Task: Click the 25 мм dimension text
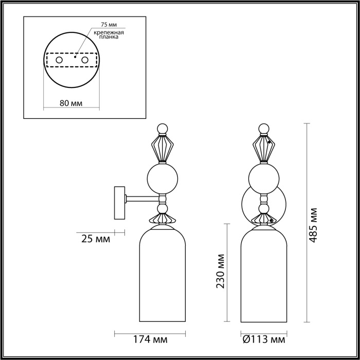click(96, 239)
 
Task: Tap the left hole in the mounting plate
click(59, 61)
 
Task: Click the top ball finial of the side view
click(163, 129)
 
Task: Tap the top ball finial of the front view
click(264, 129)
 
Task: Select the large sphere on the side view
click(163, 178)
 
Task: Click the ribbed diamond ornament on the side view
click(163, 149)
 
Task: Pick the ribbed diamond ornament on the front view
click(264, 149)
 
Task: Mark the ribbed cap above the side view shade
click(163, 219)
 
